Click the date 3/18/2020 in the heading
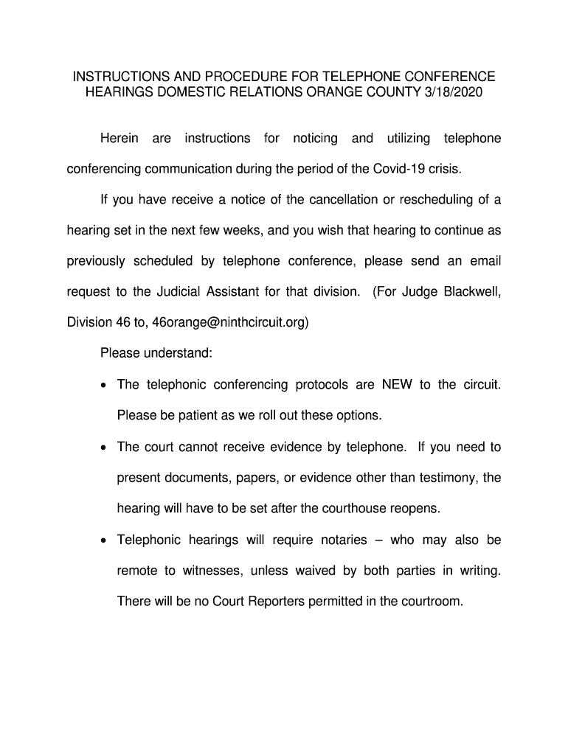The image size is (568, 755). (450, 92)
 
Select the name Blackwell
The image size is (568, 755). (472, 292)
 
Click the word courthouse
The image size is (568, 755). (344, 509)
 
